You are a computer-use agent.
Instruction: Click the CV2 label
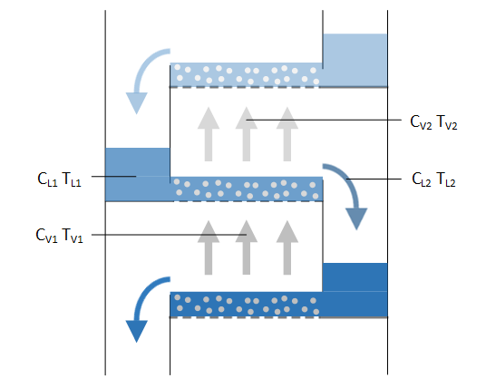(x=421, y=122)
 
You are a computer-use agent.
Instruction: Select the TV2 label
(x=447, y=122)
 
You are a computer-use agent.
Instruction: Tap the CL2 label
(x=422, y=179)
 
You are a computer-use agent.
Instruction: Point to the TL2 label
(x=446, y=179)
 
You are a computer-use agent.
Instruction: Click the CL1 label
(x=47, y=179)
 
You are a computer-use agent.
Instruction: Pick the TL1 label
(x=72, y=179)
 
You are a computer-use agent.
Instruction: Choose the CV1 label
(x=46, y=236)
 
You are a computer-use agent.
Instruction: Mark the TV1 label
(x=73, y=236)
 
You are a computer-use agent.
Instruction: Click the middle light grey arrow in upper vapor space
(x=247, y=134)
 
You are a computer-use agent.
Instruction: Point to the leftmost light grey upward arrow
(x=209, y=134)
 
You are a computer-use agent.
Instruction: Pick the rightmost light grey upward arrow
(x=287, y=134)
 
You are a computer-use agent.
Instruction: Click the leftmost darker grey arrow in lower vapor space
(x=209, y=247)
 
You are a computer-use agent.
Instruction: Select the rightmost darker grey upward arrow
(x=287, y=247)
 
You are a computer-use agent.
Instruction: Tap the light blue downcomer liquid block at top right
(x=355, y=60)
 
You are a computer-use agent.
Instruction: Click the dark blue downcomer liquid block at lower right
(x=355, y=290)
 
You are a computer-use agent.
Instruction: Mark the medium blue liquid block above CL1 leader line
(x=138, y=161)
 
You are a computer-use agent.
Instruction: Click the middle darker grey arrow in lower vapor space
(x=247, y=247)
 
